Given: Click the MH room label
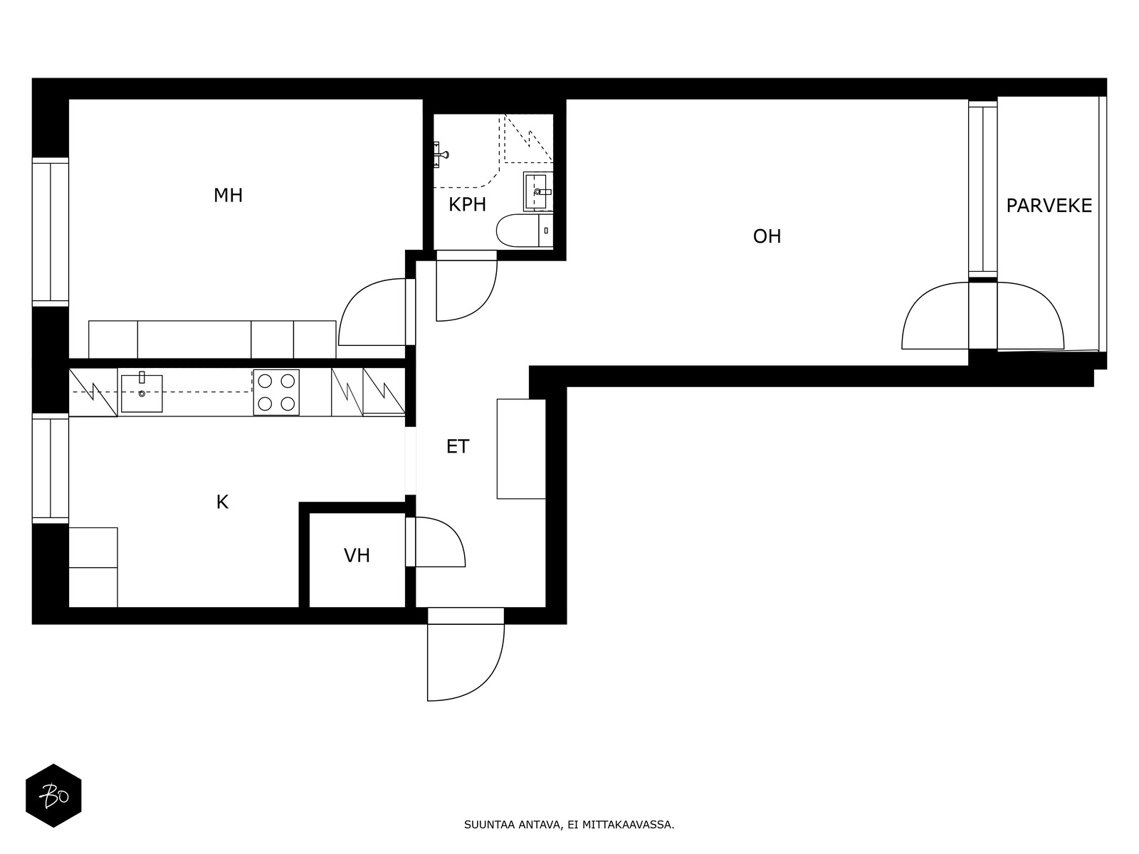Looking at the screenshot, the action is [x=228, y=196].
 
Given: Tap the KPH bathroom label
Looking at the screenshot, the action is [x=467, y=205].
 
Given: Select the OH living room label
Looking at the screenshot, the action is [x=767, y=236].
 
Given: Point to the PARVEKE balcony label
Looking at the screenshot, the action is [x=1049, y=206].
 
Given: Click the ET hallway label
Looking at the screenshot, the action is [x=457, y=446].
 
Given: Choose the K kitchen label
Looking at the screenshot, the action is [x=222, y=502].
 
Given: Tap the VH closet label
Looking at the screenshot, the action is [x=357, y=556].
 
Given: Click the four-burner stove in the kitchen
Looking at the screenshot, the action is [x=276, y=393].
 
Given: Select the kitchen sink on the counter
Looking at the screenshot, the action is [x=142, y=393].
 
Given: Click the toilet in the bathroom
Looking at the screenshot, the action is [x=524, y=230].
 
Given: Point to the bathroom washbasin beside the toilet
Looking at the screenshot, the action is [x=538, y=191].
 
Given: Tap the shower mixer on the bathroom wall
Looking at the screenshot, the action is [x=440, y=154].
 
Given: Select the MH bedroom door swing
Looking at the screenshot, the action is [x=372, y=312].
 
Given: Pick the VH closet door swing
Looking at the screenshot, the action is [x=440, y=542].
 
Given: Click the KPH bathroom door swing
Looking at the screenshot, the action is [x=466, y=290].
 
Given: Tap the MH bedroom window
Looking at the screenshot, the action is [x=51, y=232].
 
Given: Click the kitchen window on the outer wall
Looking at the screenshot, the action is [x=51, y=468].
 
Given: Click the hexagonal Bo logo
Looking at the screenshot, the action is [x=53, y=796].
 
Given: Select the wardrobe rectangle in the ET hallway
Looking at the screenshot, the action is [x=521, y=449].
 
